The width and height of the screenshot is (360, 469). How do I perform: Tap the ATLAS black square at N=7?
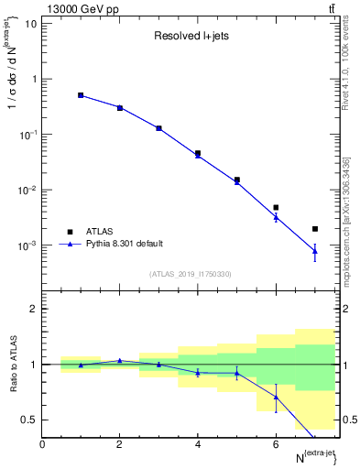[x=315, y=229]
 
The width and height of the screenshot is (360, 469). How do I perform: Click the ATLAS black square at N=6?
[x=276, y=208]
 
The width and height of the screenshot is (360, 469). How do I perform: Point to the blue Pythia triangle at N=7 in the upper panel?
[x=315, y=251]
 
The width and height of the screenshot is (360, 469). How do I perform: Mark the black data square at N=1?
[x=81, y=95]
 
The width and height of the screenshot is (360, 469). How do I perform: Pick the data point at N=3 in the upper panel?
[x=158, y=128]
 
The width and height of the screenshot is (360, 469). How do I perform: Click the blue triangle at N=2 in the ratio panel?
[x=120, y=360]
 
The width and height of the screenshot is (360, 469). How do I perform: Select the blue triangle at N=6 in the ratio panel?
[x=276, y=397]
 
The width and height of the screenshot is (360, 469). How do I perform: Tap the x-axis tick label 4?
[x=198, y=444]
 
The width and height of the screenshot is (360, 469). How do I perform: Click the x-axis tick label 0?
[x=42, y=444]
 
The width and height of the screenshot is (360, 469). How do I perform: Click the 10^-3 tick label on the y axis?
[x=25, y=246]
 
